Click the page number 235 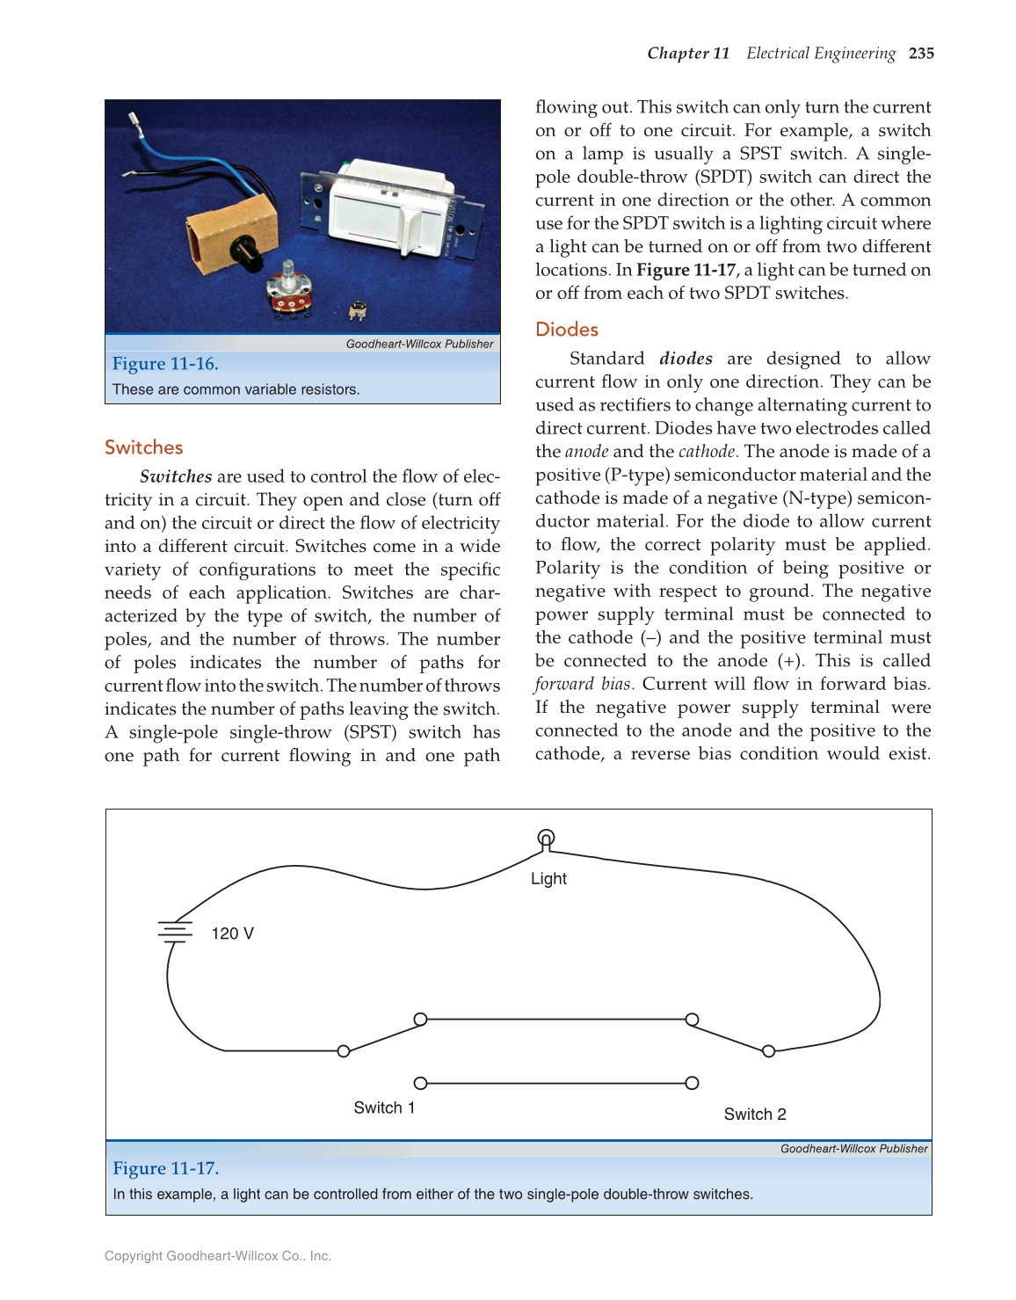(x=921, y=54)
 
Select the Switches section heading (x=143, y=447)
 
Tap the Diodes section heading (x=567, y=330)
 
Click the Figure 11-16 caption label (x=165, y=364)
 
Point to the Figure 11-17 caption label (x=165, y=1168)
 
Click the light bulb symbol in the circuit (x=546, y=839)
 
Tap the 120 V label (x=232, y=933)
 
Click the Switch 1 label (x=384, y=1108)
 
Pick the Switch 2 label (x=755, y=1115)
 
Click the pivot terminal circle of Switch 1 (x=344, y=1051)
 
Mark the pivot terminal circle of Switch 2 (x=769, y=1051)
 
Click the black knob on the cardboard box (x=244, y=250)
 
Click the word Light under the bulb (x=548, y=879)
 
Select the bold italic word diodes (x=686, y=359)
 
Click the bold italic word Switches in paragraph (x=176, y=476)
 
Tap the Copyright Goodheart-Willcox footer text (x=217, y=1256)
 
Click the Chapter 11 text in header (x=688, y=54)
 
